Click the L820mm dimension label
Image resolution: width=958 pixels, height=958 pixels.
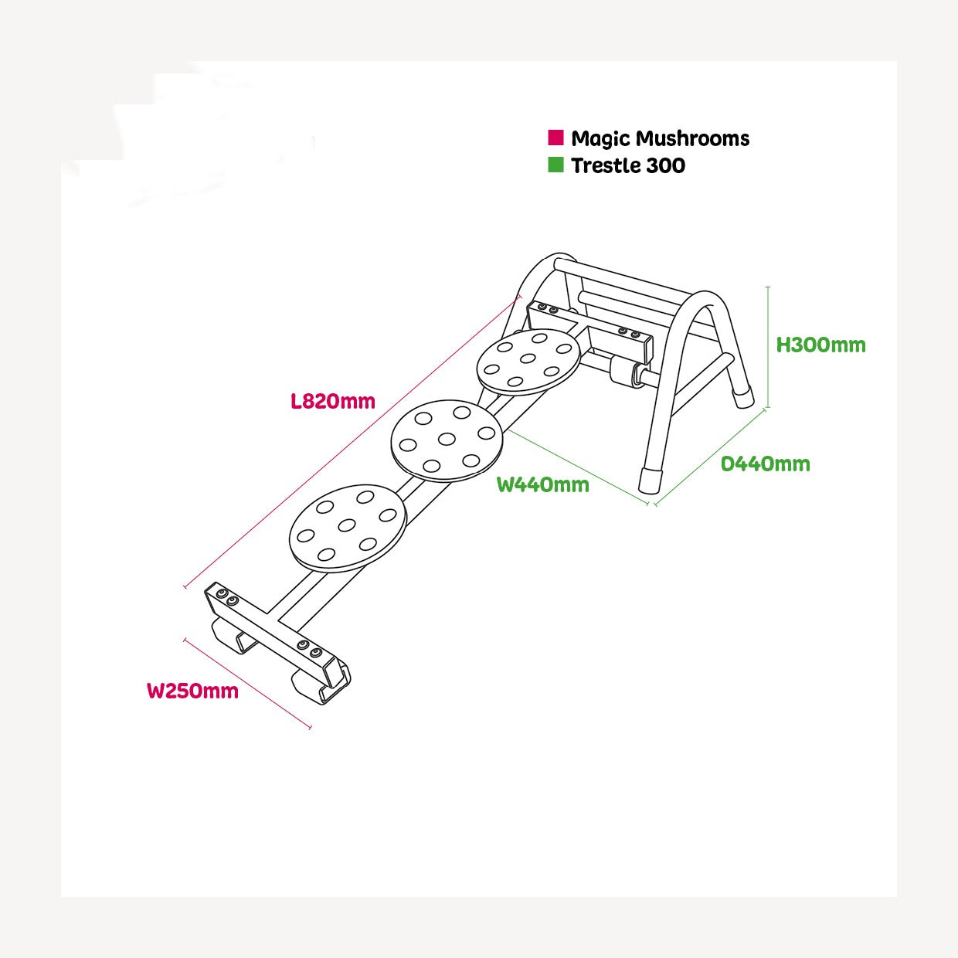[333, 401]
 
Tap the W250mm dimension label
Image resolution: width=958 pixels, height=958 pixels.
[192, 691]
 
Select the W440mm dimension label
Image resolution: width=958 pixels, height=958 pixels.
[542, 484]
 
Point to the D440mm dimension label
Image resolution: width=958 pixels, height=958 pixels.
[765, 464]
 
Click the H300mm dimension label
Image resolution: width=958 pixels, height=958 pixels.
[820, 345]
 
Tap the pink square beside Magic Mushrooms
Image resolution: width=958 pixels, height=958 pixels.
[555, 138]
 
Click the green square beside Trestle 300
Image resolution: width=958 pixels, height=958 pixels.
[555, 165]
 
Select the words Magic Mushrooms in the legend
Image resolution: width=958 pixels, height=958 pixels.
[660, 138]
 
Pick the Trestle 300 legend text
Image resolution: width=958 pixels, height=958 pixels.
[627, 165]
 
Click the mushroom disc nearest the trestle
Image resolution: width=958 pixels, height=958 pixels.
[528, 360]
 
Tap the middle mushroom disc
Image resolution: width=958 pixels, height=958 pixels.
[447, 440]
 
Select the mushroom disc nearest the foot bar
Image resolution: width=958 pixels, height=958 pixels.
[347, 528]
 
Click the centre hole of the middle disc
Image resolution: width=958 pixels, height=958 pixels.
[447, 439]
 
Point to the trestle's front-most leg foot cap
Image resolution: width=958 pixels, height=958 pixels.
[651, 480]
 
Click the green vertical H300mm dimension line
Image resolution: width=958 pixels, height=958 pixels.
[768, 346]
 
